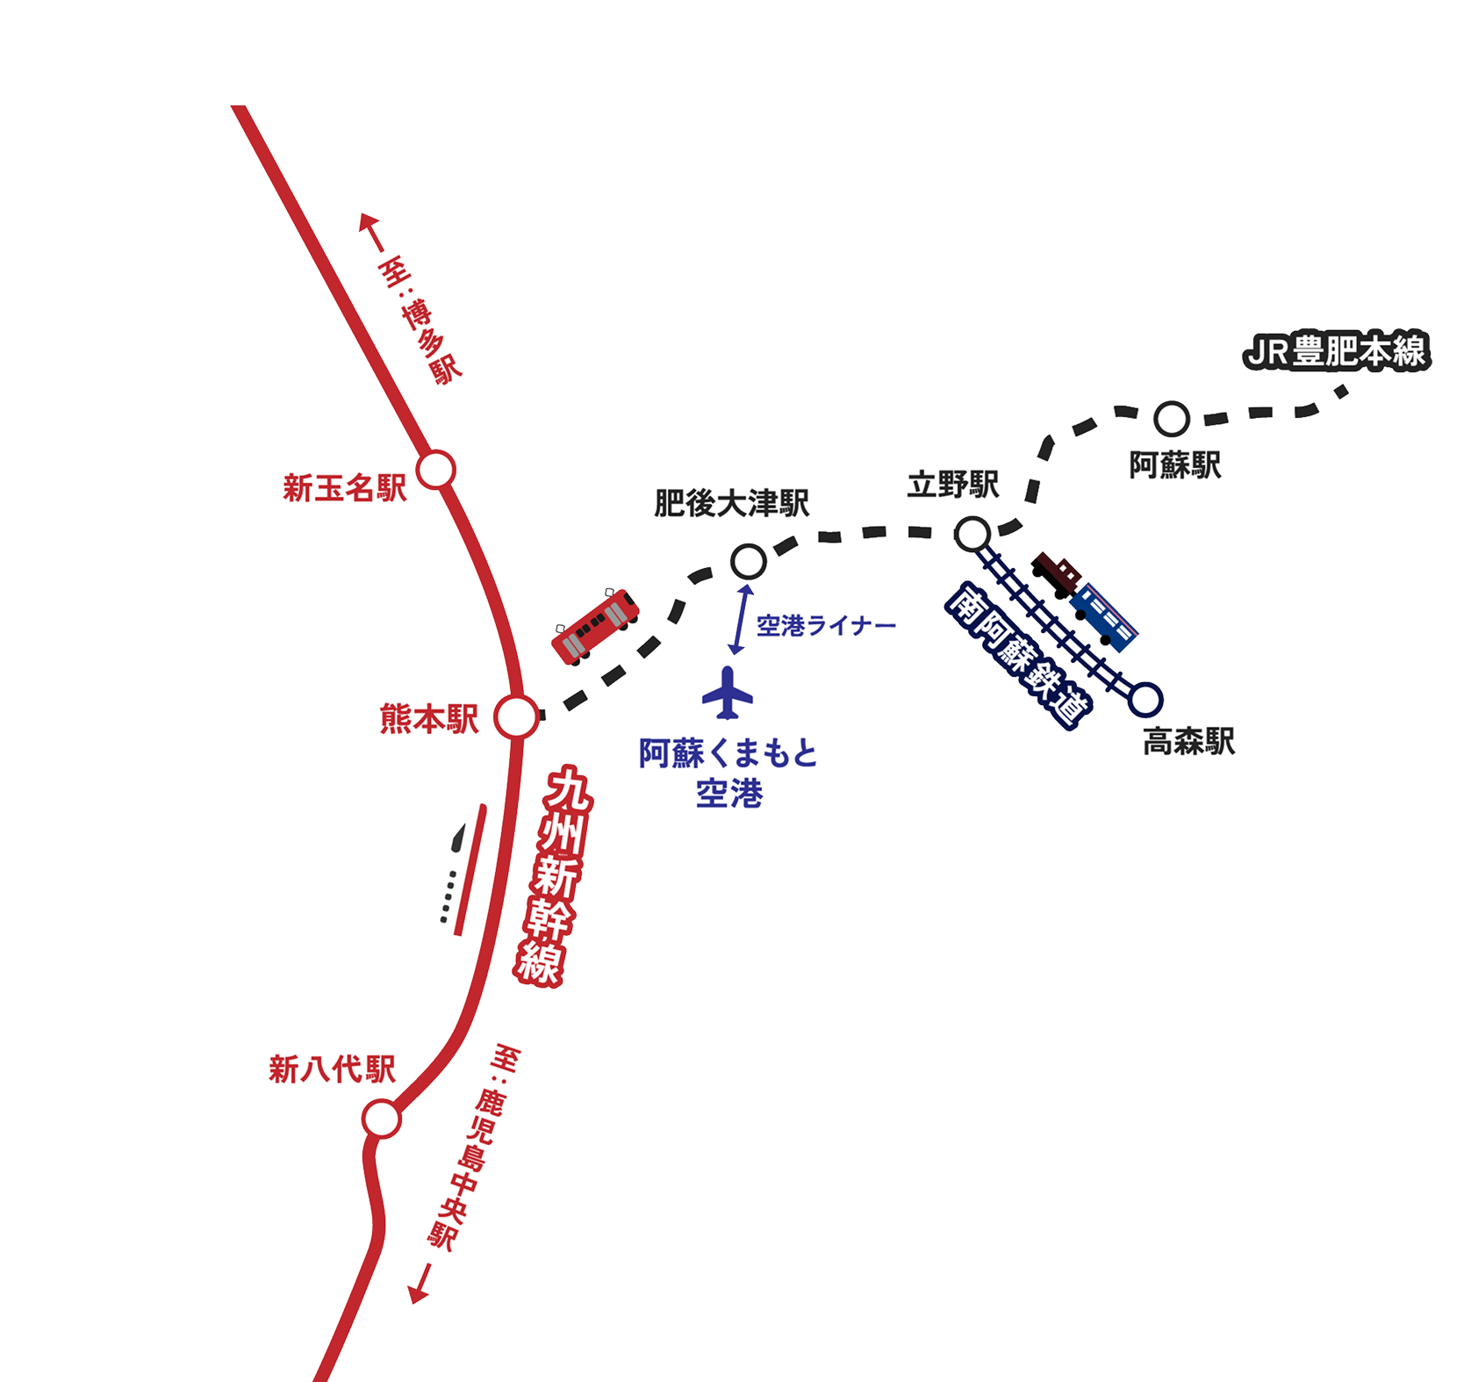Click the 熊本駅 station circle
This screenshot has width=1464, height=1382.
[516, 717]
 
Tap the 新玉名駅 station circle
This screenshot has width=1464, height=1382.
[436, 471]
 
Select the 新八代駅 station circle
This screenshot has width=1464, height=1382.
[382, 1119]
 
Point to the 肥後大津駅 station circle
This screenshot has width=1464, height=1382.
[748, 559]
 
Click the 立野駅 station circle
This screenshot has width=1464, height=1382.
[972, 533]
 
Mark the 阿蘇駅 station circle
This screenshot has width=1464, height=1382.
[1171, 419]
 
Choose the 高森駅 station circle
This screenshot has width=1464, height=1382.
[1145, 698]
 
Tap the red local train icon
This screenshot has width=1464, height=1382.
[595, 624]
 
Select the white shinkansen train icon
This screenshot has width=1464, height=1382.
[457, 869]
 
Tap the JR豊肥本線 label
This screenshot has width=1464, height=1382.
[1336, 352]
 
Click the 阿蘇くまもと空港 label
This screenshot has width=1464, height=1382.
[728, 774]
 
